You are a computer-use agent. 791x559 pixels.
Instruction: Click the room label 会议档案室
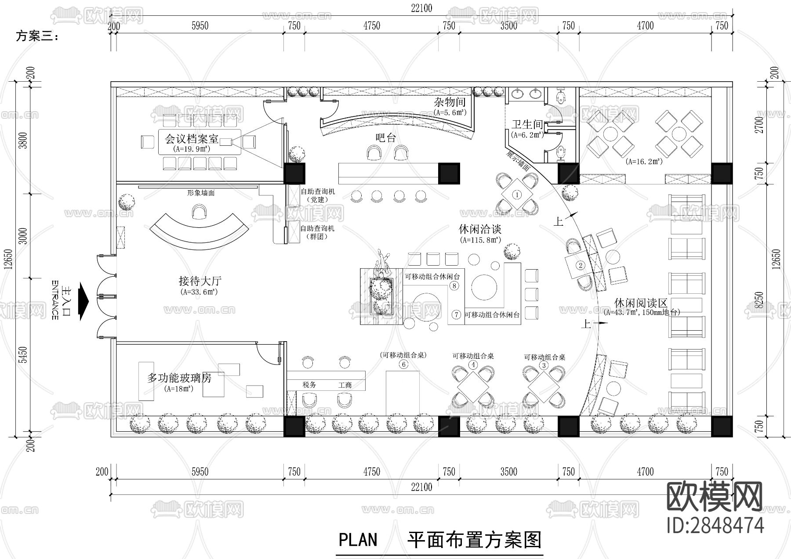click(192, 139)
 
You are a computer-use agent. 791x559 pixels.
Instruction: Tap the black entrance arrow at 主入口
click(83, 302)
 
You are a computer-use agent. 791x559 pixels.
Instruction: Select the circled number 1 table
click(517, 195)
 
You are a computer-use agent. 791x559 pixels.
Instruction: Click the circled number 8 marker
click(454, 286)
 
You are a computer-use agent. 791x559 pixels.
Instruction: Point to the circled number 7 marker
click(457, 314)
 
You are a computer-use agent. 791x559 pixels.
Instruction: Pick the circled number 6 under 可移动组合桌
click(403, 364)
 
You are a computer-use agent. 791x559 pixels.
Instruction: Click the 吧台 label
click(386, 138)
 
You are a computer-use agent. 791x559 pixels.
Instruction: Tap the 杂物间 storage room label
click(450, 103)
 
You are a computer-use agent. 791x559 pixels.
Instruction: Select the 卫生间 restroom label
click(526, 125)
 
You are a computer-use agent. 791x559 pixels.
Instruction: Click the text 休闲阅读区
click(641, 303)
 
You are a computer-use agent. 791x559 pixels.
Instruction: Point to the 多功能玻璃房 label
click(179, 378)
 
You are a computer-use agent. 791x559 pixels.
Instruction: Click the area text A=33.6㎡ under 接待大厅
click(199, 292)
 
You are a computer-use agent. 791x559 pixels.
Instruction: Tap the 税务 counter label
click(309, 385)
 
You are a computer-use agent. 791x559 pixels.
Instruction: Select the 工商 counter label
click(345, 385)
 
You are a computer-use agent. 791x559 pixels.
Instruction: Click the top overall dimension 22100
click(422, 8)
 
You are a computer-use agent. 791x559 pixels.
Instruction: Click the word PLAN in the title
click(358, 539)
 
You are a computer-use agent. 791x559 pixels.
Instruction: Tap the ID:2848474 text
click(715, 525)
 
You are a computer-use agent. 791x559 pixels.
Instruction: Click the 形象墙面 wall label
click(201, 193)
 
